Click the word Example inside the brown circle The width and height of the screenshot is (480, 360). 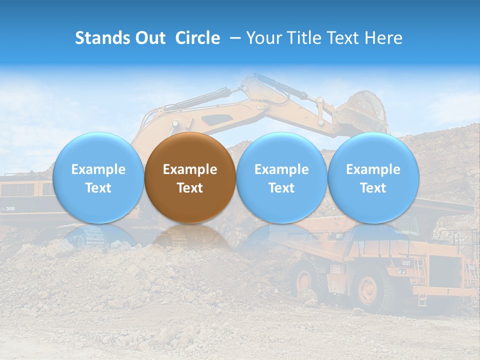(190, 169)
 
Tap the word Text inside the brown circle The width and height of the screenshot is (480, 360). (190, 188)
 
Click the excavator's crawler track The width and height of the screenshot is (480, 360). (85, 235)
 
